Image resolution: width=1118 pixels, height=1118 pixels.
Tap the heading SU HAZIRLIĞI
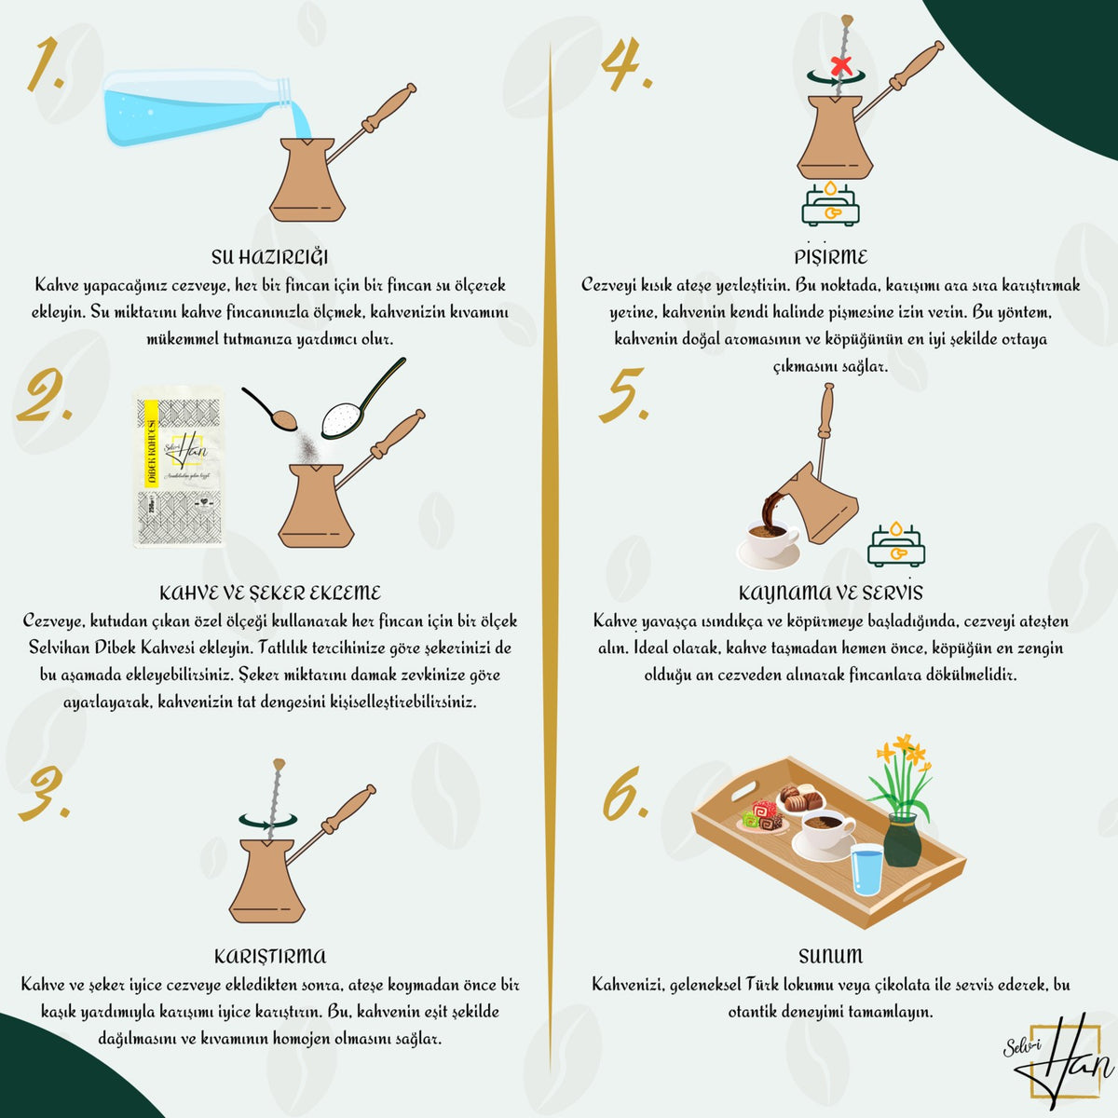[269, 257]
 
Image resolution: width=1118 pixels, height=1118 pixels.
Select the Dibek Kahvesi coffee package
[179, 468]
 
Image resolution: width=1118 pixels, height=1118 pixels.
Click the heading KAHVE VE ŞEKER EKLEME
[270, 593]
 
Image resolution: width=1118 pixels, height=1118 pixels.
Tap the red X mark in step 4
[840, 66]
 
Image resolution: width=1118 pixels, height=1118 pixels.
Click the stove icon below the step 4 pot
[830, 203]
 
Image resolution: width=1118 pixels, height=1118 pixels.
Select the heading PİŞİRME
[831, 256]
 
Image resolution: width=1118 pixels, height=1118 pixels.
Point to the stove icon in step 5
[895, 543]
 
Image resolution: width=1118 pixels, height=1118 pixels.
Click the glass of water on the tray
[866, 869]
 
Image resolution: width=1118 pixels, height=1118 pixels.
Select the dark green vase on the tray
[903, 840]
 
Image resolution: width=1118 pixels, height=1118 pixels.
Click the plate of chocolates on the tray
[800, 798]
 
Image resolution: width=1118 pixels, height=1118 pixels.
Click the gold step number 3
[46, 793]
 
